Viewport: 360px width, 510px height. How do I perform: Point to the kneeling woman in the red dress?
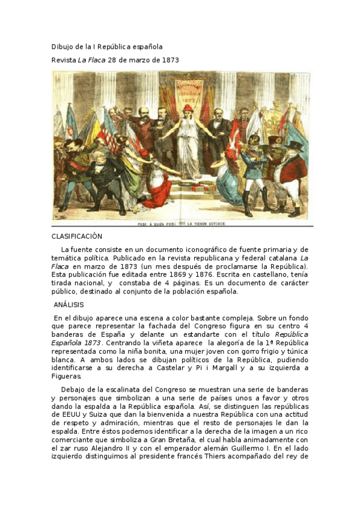click(157, 192)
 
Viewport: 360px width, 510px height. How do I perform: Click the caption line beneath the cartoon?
click(181, 224)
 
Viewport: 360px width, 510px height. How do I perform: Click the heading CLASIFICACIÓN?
click(77, 236)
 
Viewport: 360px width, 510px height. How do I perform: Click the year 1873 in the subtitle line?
click(168, 60)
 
